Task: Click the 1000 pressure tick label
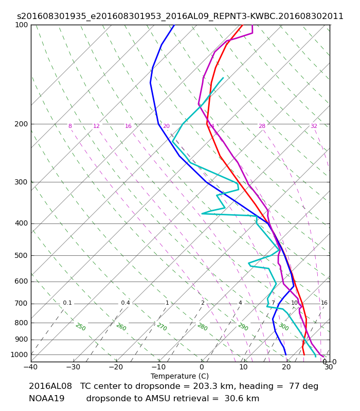pyautogui.click(x=19, y=354)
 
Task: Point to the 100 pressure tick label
pyautogui.click(x=21, y=25)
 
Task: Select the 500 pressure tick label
pyautogui.click(x=21, y=255)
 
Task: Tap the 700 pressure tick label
pyautogui.click(x=21, y=304)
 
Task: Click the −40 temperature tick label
pyautogui.click(x=31, y=367)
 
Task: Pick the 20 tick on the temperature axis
pyautogui.click(x=286, y=367)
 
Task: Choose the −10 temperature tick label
pyautogui.click(x=159, y=367)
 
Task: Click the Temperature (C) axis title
pyautogui.click(x=179, y=376)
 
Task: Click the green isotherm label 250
pyautogui.click(x=81, y=327)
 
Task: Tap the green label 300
pyautogui.click(x=284, y=327)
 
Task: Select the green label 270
pyautogui.click(x=162, y=327)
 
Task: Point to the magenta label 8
pyautogui.click(x=70, y=126)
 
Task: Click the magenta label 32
pyautogui.click(x=314, y=126)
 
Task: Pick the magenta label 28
pyautogui.click(x=262, y=126)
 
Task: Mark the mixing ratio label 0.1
pyautogui.click(x=67, y=303)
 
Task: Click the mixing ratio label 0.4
pyautogui.click(x=125, y=303)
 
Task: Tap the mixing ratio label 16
pyautogui.click(x=325, y=303)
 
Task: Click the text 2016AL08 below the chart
pyautogui.click(x=50, y=386)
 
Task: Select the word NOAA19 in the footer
pyautogui.click(x=46, y=399)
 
